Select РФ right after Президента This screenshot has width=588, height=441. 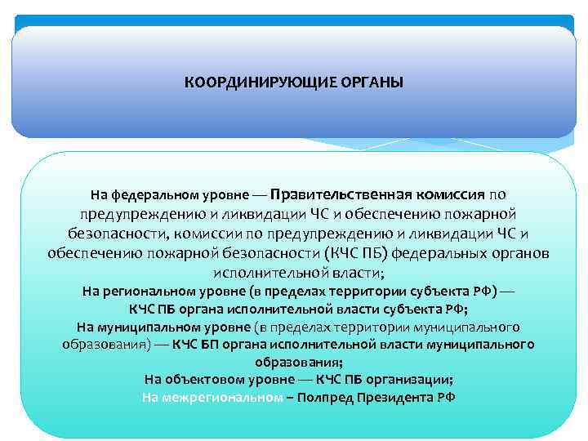coord(446,398)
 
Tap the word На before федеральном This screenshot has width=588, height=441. coord(98,195)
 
